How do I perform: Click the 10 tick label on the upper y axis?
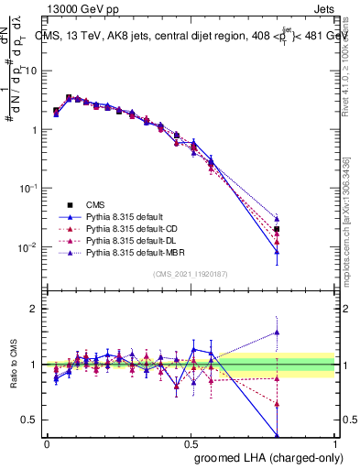point(31,71)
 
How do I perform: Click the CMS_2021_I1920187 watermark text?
point(190,274)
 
